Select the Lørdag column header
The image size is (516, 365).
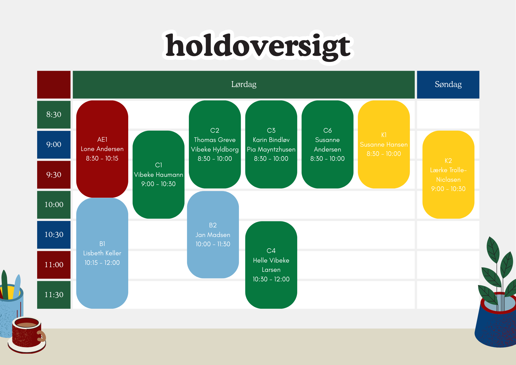(x=244, y=85)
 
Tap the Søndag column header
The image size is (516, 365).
(x=448, y=85)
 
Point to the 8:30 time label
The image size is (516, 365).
(x=54, y=114)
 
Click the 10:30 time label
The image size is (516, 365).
(x=54, y=235)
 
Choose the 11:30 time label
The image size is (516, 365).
(x=54, y=295)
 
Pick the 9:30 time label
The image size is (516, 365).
(x=54, y=175)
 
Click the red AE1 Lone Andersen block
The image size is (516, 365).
(x=102, y=149)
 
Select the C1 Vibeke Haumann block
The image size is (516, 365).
(x=158, y=174)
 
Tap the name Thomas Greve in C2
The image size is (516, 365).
(x=215, y=140)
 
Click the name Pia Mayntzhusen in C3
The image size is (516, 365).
(x=271, y=149)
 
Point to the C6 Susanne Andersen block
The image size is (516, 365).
(x=327, y=144)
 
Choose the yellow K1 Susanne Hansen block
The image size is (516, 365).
(x=384, y=144)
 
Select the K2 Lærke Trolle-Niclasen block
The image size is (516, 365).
(x=448, y=174)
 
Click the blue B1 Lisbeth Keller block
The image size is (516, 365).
(x=102, y=253)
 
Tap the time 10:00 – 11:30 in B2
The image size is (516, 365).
(x=213, y=244)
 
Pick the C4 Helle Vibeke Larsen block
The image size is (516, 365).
(x=271, y=265)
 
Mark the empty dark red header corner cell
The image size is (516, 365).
(x=54, y=85)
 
